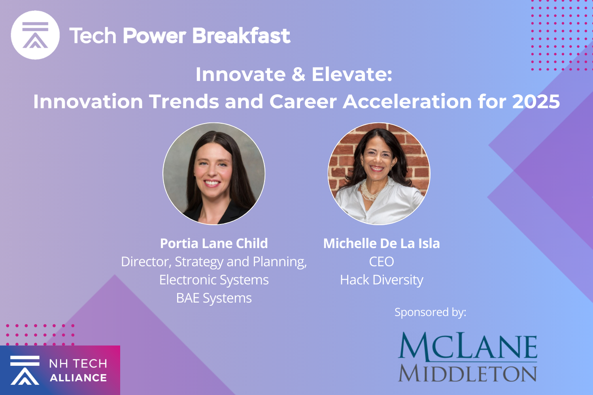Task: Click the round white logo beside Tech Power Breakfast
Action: pos(35,35)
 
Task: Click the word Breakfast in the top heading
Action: pos(241,36)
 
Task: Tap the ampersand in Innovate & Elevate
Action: pos(298,75)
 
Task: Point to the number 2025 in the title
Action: pos(536,102)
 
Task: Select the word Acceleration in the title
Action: pos(407,102)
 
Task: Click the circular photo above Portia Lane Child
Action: pos(214,174)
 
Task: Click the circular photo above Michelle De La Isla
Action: pos(379,174)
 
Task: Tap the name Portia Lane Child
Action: pos(214,243)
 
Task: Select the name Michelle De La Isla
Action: pos(381,243)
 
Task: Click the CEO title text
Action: pos(381,261)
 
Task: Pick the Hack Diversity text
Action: pos(381,280)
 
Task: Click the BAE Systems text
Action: pos(214,298)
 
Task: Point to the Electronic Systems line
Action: pos(214,280)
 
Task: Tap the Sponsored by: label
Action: pos(430,312)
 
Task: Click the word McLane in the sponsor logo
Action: pos(468,346)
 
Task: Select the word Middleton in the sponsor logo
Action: pos(468,373)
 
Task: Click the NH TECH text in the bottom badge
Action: pos(78,363)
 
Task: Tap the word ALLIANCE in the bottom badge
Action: pos(78,378)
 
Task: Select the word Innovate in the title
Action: pos(240,75)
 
